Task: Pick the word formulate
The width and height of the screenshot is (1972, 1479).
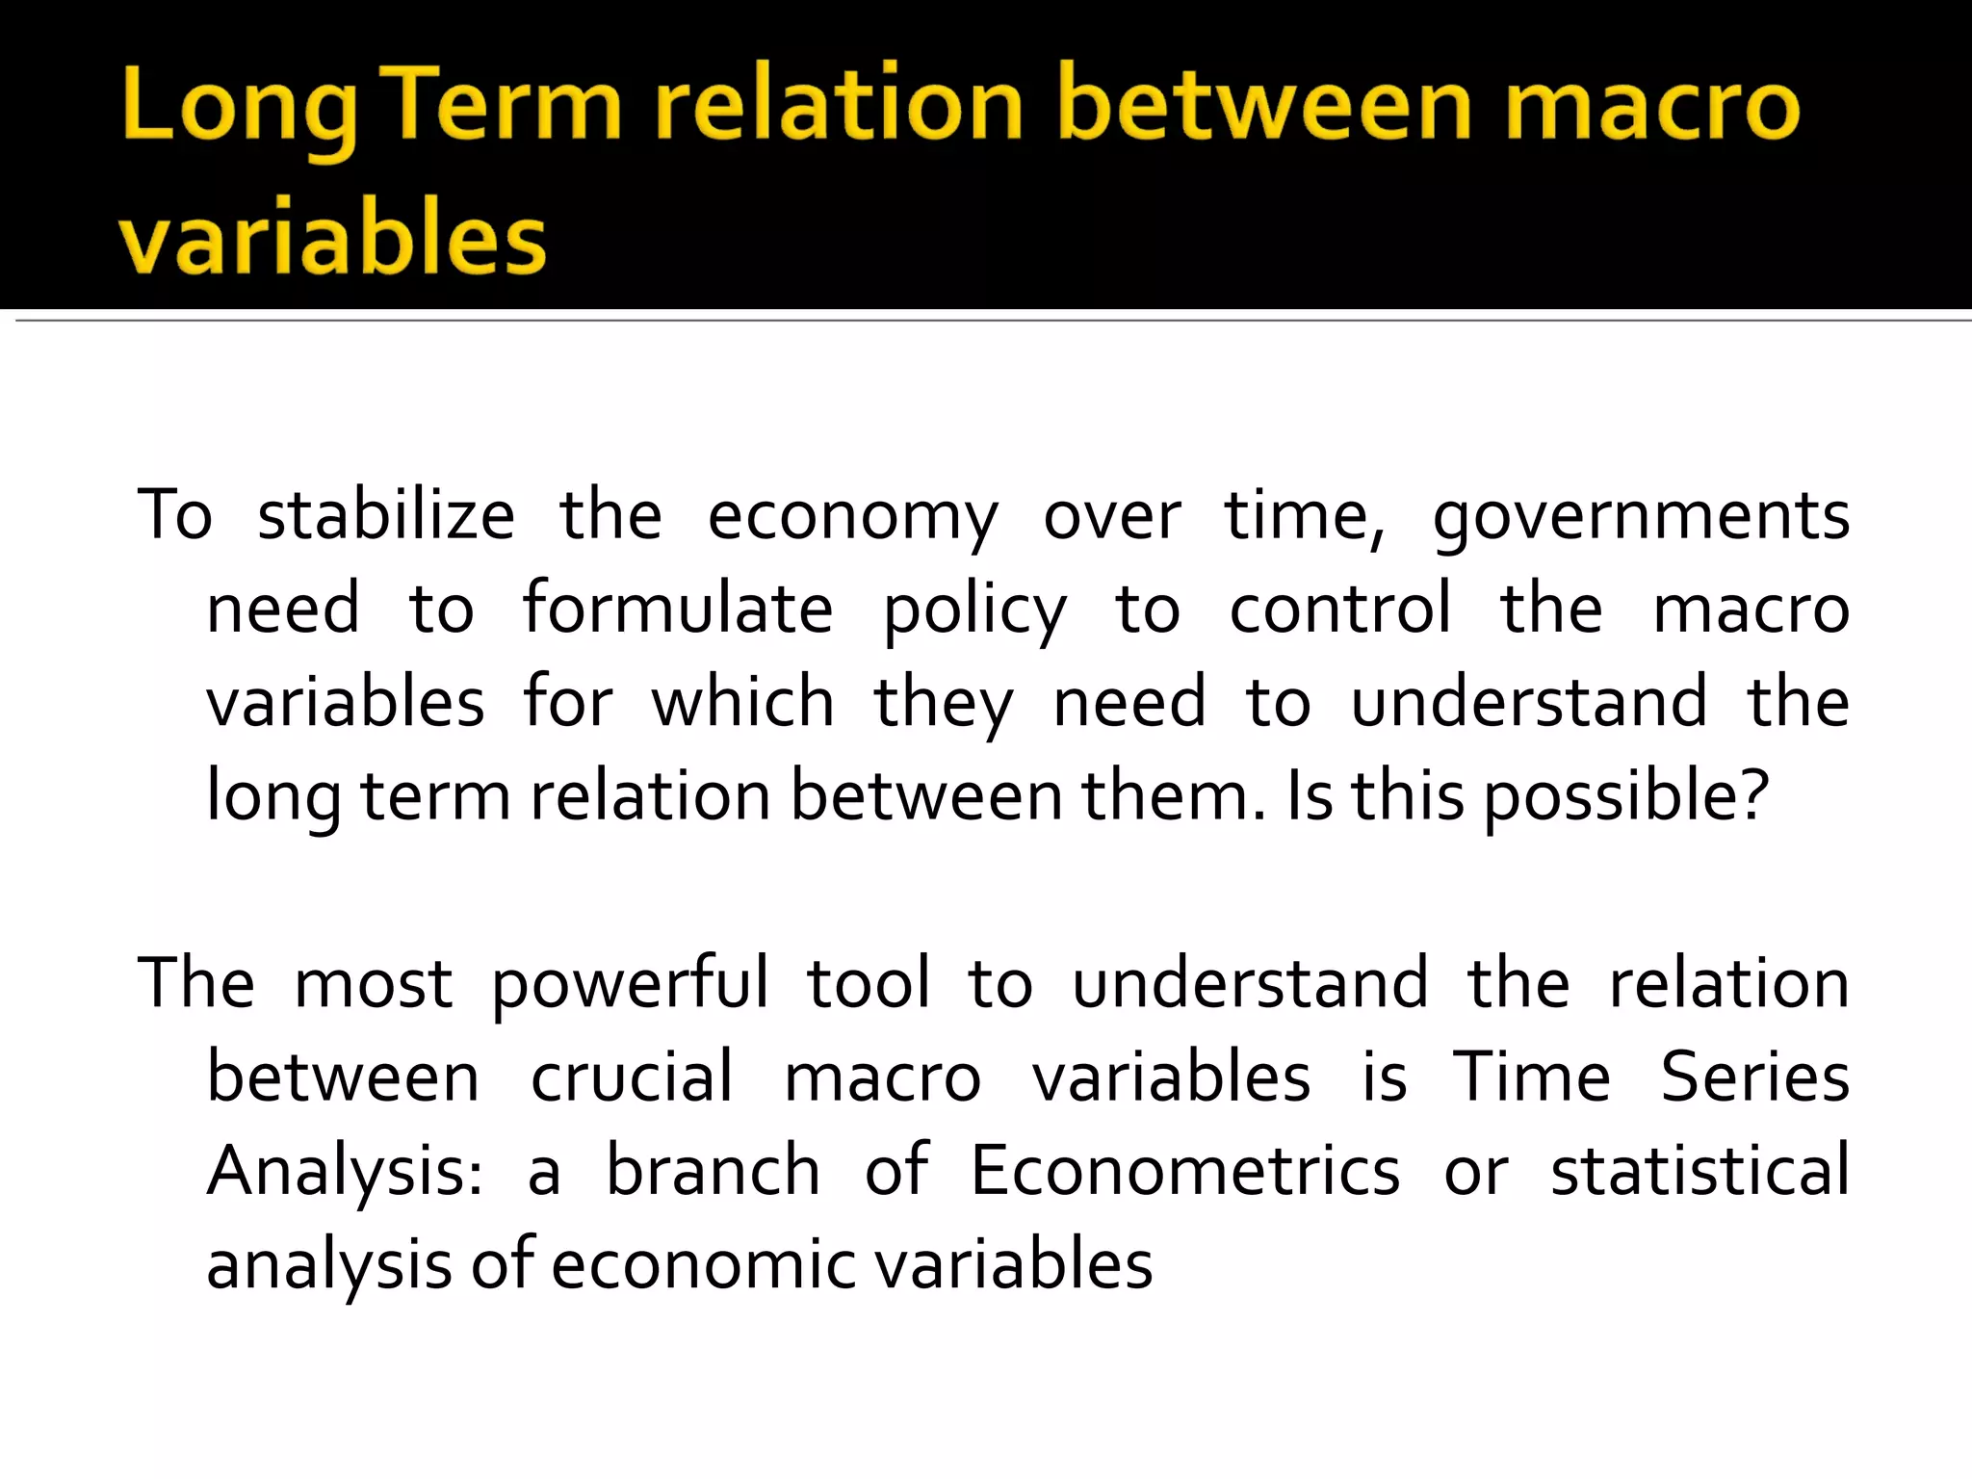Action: click(678, 609)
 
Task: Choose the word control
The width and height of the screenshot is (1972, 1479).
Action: click(1339, 609)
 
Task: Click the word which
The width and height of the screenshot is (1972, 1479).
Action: click(742, 702)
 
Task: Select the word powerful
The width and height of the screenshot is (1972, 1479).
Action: click(630, 985)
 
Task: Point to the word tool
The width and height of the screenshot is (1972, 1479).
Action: click(869, 983)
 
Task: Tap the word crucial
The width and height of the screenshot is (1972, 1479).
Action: click(632, 1077)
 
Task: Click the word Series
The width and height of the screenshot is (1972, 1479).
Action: click(1754, 1077)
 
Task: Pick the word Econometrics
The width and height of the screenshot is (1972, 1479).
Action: click(1184, 1170)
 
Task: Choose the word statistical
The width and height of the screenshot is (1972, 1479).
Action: click(1700, 1170)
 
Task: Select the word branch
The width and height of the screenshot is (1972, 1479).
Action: click(713, 1170)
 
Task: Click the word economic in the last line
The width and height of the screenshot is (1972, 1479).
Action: click(703, 1263)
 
